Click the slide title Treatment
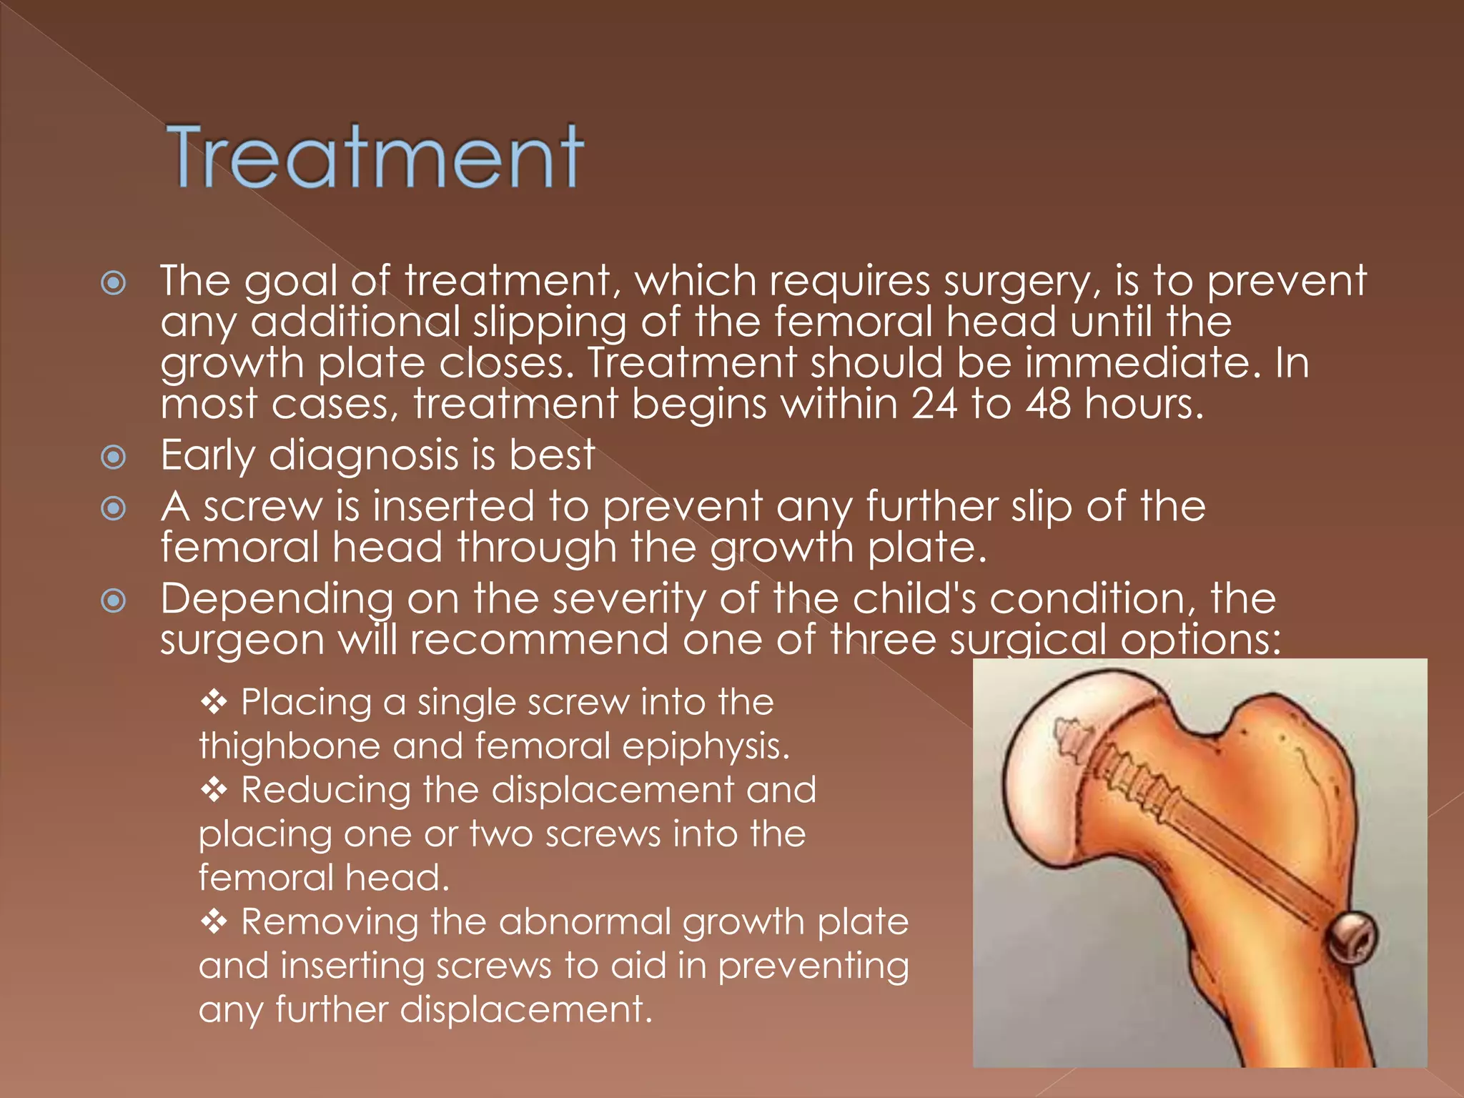click(x=375, y=157)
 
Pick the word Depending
click(x=277, y=599)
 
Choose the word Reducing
click(x=325, y=791)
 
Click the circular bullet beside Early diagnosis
click(x=114, y=457)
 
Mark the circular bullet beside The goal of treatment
click(x=114, y=284)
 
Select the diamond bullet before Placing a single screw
click(x=214, y=703)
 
